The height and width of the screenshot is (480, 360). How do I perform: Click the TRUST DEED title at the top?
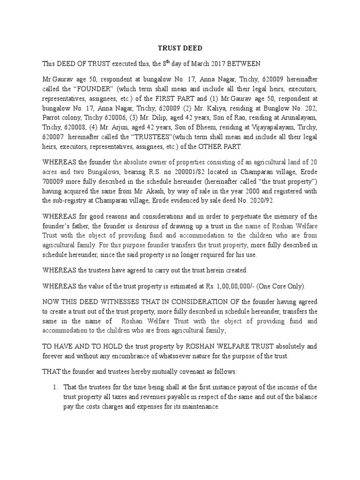click(x=180, y=47)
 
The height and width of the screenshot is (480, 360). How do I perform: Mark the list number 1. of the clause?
click(x=55, y=387)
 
